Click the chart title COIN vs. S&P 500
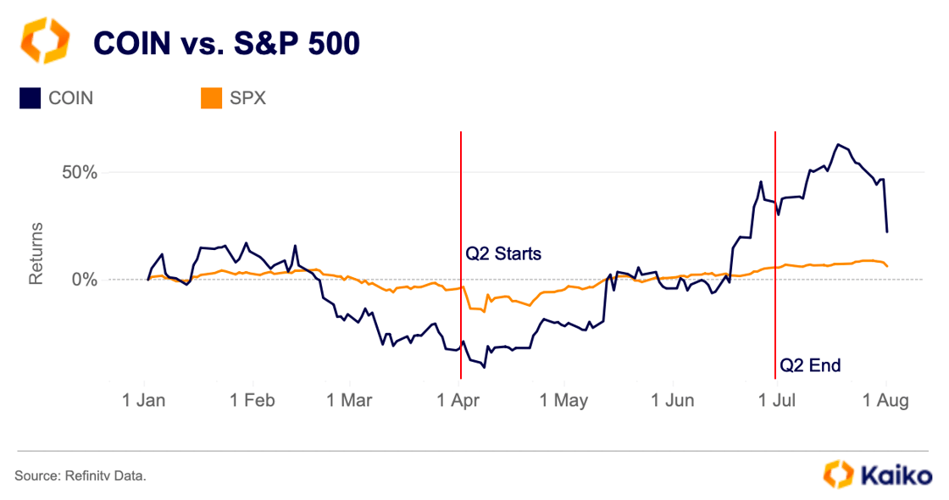pyautogui.click(x=225, y=42)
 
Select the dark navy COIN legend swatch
pyautogui.click(x=31, y=97)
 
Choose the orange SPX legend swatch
pyautogui.click(x=211, y=97)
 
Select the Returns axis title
pyautogui.click(x=36, y=253)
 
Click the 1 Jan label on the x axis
pyautogui.click(x=144, y=400)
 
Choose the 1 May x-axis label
pyautogui.click(x=563, y=400)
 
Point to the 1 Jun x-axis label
pyautogui.click(x=671, y=400)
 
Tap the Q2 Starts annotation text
pyautogui.click(x=503, y=253)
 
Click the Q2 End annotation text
pyautogui.click(x=810, y=365)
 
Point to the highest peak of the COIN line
pyautogui.click(x=838, y=144)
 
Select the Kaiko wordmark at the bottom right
pyautogui.click(x=896, y=475)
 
